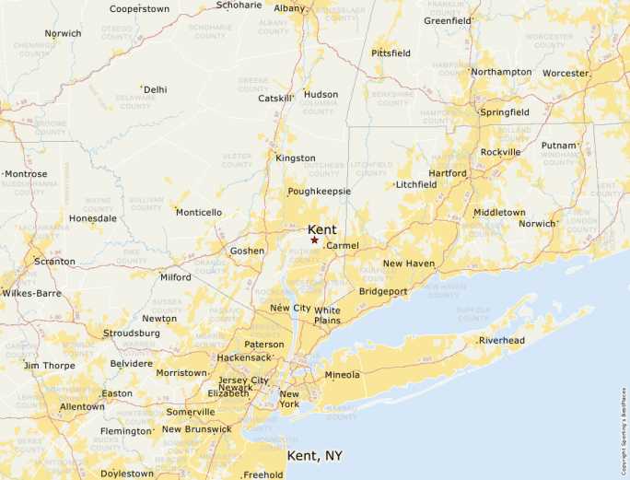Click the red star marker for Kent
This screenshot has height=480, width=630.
coord(314,240)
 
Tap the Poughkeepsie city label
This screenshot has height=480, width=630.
coord(319,192)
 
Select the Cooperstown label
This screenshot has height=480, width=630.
coord(139,9)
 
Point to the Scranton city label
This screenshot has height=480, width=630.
coord(54,262)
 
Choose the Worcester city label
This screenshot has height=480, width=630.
coord(566,73)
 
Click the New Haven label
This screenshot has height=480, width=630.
coord(408,263)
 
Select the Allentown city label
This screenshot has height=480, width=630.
coord(82,406)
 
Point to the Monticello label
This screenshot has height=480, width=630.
coord(199,213)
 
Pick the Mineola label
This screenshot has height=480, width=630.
coord(342,375)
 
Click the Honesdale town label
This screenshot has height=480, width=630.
coord(93,218)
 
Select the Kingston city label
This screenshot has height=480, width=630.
coord(296,158)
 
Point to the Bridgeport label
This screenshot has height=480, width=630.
coord(383,291)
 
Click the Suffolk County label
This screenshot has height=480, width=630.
coord(473,314)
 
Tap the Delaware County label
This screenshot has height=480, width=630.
coord(134,100)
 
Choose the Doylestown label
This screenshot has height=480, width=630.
coord(128,474)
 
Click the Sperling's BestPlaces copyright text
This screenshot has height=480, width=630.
coord(624,423)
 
